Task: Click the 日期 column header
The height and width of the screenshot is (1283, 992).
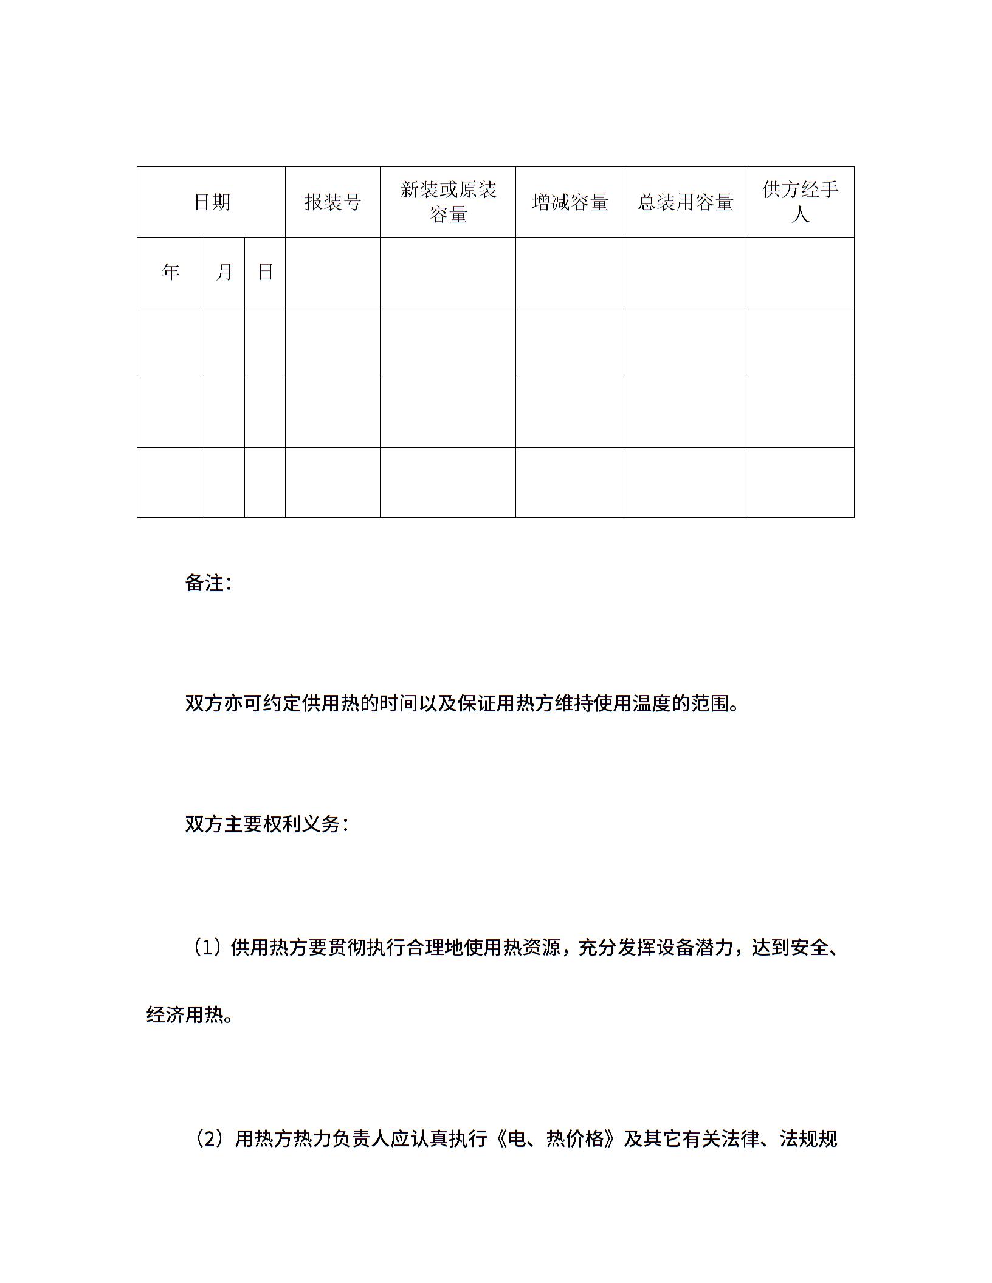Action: point(212,202)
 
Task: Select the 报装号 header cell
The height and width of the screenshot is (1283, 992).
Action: point(332,202)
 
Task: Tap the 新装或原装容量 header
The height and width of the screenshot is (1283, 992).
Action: point(448,202)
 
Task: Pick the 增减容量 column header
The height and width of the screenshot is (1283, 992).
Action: point(570,202)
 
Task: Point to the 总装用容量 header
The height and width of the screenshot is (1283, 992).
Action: point(685,202)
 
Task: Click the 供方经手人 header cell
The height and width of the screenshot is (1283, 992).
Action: point(800,202)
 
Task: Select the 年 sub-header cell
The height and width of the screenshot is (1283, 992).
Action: point(171,272)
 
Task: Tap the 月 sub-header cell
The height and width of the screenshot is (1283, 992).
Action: point(224,272)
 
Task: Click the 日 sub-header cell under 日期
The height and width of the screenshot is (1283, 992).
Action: point(265,272)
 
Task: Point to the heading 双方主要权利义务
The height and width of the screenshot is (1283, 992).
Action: point(266,824)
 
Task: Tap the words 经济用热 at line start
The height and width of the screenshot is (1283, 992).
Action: point(184,1014)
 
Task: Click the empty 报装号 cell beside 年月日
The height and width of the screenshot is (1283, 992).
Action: point(332,272)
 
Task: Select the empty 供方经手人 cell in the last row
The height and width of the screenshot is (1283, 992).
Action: point(800,482)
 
